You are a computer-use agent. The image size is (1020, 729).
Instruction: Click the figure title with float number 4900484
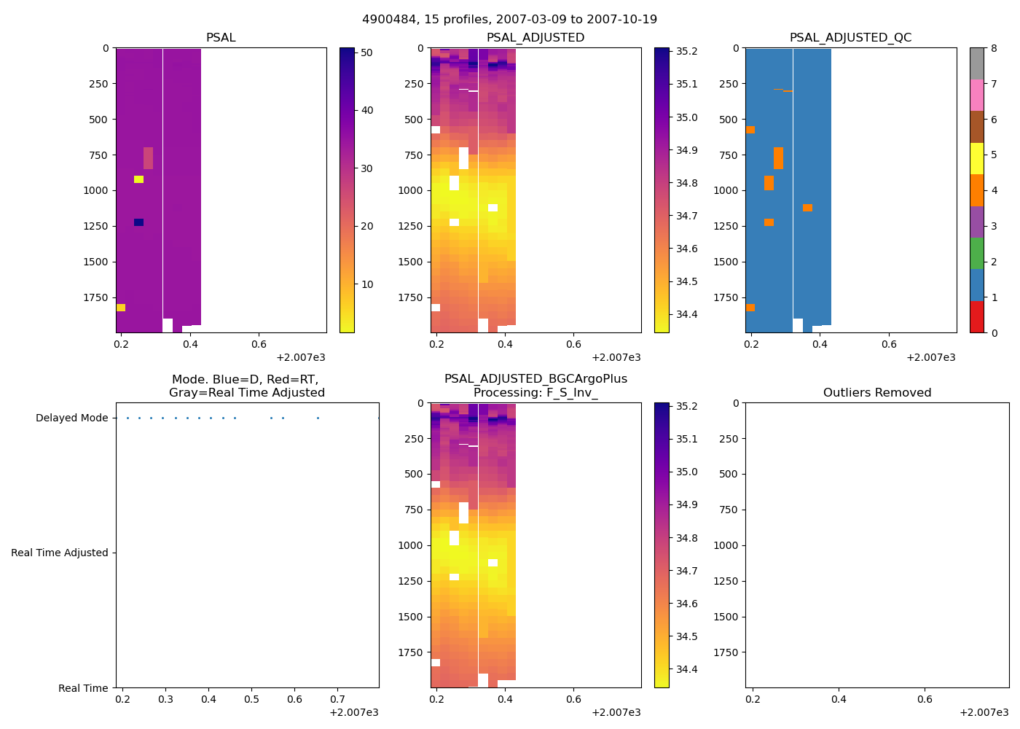click(509, 20)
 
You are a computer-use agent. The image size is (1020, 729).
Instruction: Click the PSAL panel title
click(221, 38)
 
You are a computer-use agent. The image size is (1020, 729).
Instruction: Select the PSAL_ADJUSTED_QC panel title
click(850, 38)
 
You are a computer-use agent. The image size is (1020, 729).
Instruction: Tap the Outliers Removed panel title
click(876, 393)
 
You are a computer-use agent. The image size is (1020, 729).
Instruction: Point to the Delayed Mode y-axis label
click(71, 418)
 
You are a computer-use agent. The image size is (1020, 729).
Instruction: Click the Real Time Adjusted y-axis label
click(59, 553)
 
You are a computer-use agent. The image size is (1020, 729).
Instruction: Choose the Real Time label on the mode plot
click(83, 688)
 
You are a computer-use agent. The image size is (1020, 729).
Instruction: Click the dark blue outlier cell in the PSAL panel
click(138, 222)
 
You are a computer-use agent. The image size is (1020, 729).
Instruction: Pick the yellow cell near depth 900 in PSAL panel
click(138, 179)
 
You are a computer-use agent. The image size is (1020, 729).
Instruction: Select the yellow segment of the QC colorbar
click(976, 159)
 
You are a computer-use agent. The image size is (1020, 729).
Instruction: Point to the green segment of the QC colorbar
click(976, 254)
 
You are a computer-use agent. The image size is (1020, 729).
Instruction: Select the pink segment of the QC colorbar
click(976, 95)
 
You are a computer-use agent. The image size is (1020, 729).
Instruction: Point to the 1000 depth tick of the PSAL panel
click(98, 191)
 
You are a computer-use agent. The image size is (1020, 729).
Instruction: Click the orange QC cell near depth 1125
click(807, 208)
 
